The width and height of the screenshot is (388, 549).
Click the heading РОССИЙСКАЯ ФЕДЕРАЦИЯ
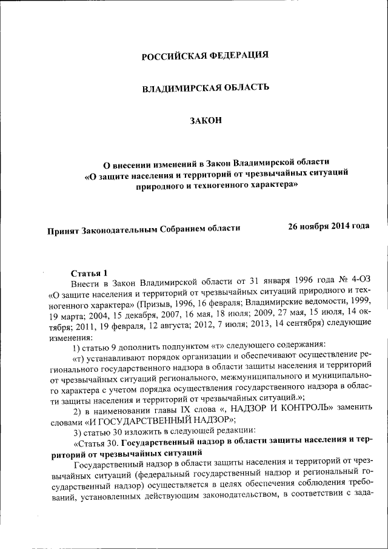205,56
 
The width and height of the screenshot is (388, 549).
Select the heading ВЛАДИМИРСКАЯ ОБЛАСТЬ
205,89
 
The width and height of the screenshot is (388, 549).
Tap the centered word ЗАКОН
206,121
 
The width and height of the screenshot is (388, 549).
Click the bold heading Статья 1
89,272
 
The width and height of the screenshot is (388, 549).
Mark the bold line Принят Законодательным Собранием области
144,229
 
